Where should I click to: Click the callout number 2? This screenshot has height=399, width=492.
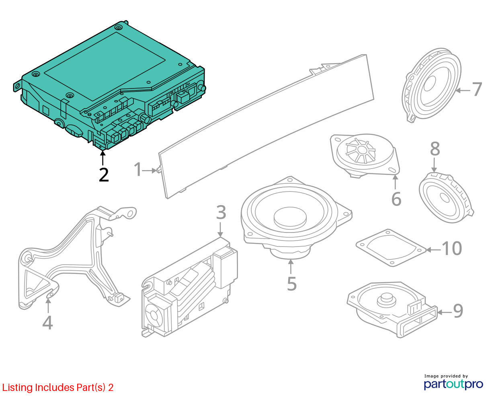104,175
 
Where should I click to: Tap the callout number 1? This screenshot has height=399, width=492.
138,169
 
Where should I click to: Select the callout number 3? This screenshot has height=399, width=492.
221,212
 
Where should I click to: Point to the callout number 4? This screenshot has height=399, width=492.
47,323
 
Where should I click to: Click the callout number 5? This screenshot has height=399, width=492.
292,284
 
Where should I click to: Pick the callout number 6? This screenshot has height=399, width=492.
396,199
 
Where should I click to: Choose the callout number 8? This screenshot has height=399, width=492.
435,149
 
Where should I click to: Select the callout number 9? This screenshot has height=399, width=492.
458,311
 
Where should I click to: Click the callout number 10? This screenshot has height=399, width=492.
452,249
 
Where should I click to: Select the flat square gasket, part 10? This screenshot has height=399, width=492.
391,248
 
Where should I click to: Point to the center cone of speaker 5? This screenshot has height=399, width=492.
290,218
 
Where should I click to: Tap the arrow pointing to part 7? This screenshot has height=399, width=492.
463,90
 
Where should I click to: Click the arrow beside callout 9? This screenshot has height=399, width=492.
445,313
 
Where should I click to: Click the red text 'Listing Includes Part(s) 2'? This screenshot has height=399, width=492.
58,387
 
